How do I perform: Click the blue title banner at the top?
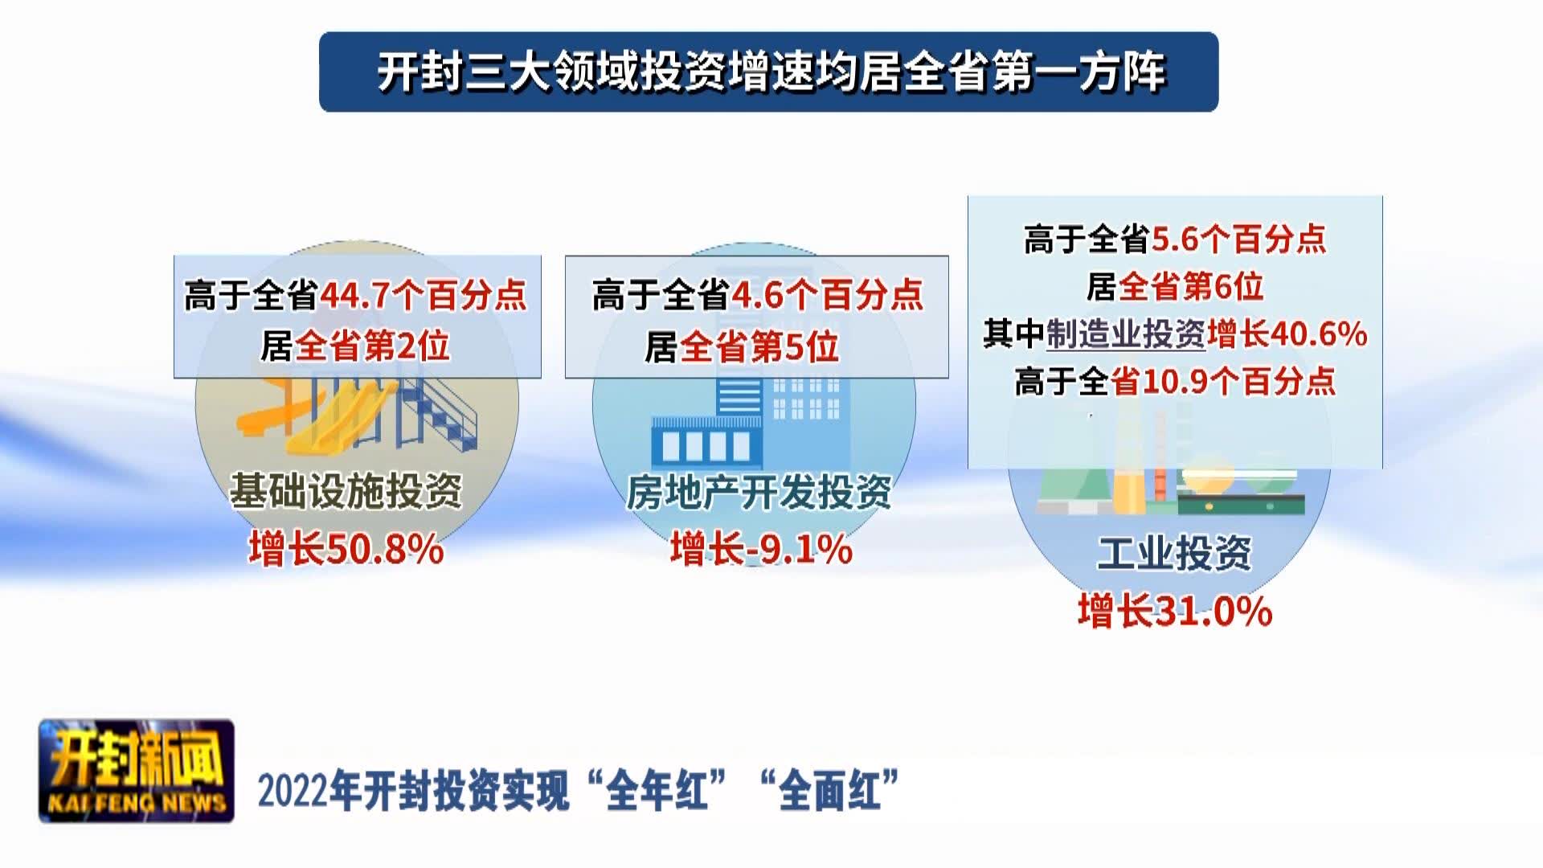pos(769,72)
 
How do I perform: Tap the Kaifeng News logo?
pos(137,771)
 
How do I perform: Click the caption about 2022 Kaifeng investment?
pos(579,791)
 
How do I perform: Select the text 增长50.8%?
pos(346,550)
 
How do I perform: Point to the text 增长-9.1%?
pos(761,550)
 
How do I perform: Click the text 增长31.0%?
pos(1175,611)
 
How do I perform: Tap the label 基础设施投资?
pos(346,490)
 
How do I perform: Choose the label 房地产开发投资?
pos(759,492)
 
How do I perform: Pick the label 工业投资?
pos(1175,553)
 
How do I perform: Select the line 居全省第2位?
pos(355,346)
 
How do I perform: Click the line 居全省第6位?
pos(1175,286)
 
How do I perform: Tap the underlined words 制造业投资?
pos(1126,334)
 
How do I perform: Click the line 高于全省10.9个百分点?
pos(1175,381)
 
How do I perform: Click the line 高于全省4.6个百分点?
pos(758,296)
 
